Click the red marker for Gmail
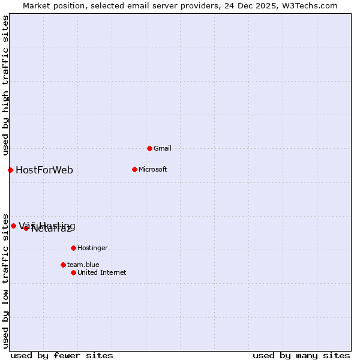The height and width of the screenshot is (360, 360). coord(149,148)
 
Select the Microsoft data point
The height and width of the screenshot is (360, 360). coord(134,169)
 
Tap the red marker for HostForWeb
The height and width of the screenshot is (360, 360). coord(10,170)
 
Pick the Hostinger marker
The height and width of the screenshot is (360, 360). coord(73,248)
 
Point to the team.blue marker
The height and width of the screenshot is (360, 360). coord(63,265)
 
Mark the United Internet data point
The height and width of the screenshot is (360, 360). coord(73,272)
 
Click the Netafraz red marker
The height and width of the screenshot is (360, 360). coord(26,228)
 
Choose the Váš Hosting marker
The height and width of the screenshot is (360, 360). coord(13,226)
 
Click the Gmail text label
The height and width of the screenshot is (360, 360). coord(163,148)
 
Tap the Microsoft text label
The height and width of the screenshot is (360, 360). coord(153,169)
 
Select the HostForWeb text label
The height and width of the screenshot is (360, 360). coord(44,170)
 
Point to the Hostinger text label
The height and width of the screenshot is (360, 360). coord(92,248)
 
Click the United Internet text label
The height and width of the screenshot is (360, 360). coord(102,272)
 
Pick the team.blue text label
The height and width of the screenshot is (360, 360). coord(83,265)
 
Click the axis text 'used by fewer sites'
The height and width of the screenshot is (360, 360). coord(62,355)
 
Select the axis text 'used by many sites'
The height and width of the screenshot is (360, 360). coord(301,355)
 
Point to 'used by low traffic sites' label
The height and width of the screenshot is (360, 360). coord(5,280)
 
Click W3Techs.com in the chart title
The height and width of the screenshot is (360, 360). coord(311,5)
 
